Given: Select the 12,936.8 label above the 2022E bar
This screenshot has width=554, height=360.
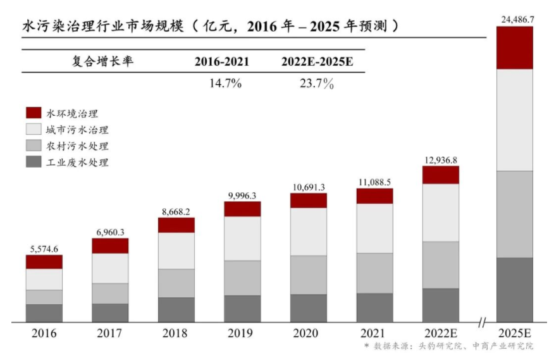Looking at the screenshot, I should pyautogui.click(x=441, y=159).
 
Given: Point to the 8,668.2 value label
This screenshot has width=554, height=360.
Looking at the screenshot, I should pyautogui.click(x=176, y=211).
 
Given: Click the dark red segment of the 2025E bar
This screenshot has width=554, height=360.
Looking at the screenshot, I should pyautogui.click(x=514, y=47).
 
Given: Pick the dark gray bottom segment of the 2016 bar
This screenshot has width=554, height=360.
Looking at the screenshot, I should pyautogui.click(x=44, y=313).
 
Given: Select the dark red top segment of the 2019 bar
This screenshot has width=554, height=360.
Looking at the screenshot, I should pyautogui.click(x=242, y=209).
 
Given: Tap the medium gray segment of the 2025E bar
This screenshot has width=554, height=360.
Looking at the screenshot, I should pyautogui.click(x=514, y=214).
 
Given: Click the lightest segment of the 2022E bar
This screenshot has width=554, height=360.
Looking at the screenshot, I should pyautogui.click(x=441, y=213).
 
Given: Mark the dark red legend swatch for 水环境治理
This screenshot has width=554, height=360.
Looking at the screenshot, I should pyautogui.click(x=34, y=113).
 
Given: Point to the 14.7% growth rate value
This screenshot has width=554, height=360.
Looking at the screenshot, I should pyautogui.click(x=225, y=84).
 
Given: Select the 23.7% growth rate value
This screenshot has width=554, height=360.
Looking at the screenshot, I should pyautogui.click(x=317, y=84).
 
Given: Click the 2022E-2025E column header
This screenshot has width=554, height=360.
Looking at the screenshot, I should pyautogui.click(x=317, y=61).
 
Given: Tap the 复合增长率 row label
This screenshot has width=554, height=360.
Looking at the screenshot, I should pyautogui.click(x=103, y=61).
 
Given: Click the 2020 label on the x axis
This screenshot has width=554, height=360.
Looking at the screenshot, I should pyautogui.click(x=309, y=333).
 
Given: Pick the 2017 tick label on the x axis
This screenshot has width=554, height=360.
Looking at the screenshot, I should pyautogui.click(x=110, y=333).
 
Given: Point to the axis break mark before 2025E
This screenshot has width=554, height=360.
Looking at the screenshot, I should pyautogui.click(x=482, y=323).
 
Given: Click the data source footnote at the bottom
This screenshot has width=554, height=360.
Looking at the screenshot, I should pyautogui.click(x=448, y=347).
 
